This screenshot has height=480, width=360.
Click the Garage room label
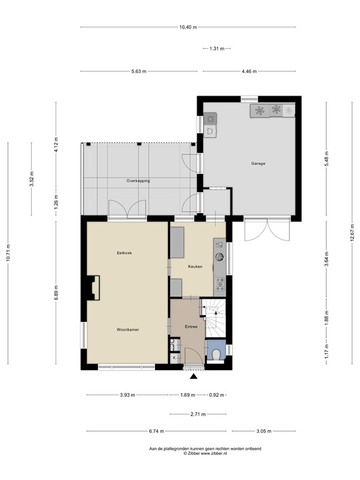pyautogui.click(x=258, y=164)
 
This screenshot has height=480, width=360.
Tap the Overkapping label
pyautogui.click(x=138, y=181)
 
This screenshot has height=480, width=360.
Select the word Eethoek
pyautogui.click(x=125, y=253)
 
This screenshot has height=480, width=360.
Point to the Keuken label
pyautogui.click(x=195, y=267)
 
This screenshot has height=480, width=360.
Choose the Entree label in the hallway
pyautogui.click(x=191, y=327)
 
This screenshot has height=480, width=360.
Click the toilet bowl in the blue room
pyautogui.click(x=216, y=354)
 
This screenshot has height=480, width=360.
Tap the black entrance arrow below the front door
pyautogui.click(x=194, y=376)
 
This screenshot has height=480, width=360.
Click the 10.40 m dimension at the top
pyautogui.click(x=187, y=27)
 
